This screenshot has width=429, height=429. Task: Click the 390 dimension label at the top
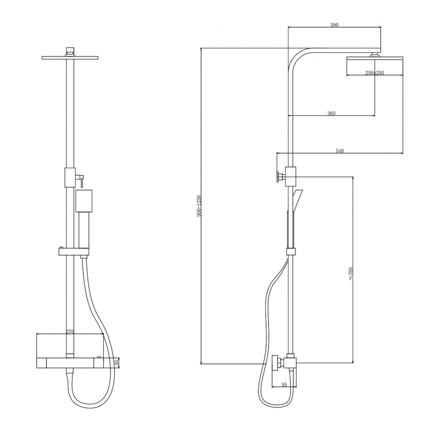(334, 25)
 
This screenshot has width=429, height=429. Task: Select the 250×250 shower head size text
(375, 73)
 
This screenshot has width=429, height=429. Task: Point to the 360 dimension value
(331, 113)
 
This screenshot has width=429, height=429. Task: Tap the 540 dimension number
(340, 151)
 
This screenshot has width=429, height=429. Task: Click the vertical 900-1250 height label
(199, 206)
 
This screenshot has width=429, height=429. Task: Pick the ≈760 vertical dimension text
(350, 274)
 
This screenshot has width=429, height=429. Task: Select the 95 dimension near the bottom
(284, 385)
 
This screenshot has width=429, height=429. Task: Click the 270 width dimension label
(71, 331)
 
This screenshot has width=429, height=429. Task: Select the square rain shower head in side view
(375, 66)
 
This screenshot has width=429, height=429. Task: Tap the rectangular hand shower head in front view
(84, 202)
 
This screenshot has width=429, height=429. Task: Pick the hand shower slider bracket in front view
(73, 252)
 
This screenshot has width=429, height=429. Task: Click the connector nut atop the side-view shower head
(375, 54)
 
